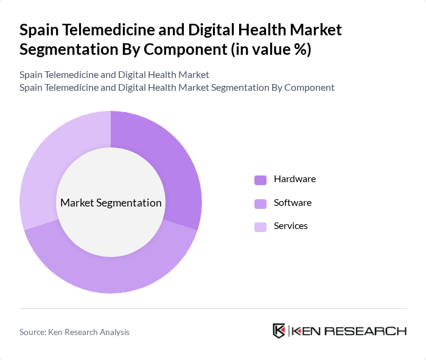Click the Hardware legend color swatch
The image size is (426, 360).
tap(260, 180)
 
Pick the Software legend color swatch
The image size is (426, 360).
tap(260, 203)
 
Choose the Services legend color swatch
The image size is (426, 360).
tap(260, 226)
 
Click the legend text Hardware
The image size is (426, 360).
tap(295, 179)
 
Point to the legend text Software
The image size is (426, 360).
tap(293, 202)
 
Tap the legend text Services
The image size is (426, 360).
tap(291, 225)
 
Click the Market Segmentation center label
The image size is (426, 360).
tap(111, 203)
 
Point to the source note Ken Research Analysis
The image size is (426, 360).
tap(74, 332)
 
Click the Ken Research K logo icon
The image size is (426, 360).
tap(279, 331)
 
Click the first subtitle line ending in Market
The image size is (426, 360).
tap(114, 74)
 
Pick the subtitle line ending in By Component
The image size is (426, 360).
tap(176, 87)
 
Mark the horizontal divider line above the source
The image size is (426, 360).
tap(213, 309)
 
